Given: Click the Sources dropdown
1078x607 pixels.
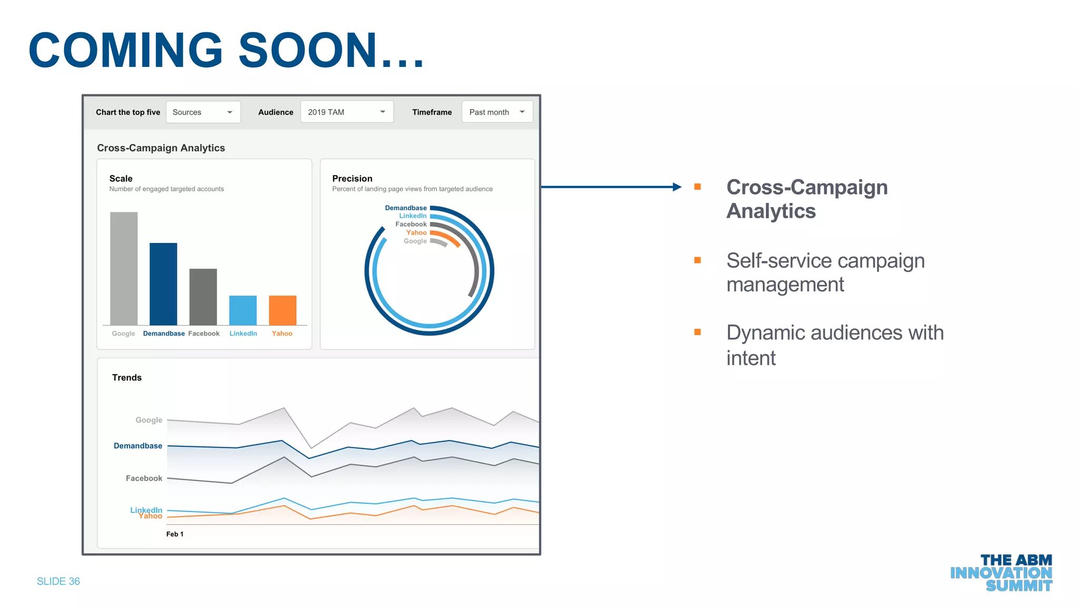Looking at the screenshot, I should point(203,112).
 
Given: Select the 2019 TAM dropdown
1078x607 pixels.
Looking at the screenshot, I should point(346,112).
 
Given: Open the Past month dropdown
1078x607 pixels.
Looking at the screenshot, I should point(497,112).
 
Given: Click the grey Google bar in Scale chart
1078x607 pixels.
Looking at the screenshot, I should point(124,268).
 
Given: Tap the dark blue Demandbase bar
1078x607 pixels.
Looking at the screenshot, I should point(163,284).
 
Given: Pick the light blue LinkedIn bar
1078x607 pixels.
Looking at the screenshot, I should point(243,310).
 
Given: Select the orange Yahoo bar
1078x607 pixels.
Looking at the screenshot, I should point(283,310).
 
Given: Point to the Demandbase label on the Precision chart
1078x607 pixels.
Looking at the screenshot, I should point(406,208).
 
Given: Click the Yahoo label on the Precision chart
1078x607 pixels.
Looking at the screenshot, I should point(416,232).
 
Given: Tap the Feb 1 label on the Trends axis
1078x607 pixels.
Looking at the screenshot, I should point(175,534).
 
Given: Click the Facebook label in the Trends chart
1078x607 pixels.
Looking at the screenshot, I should point(144,478).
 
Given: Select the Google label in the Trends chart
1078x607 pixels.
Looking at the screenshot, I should point(149,420).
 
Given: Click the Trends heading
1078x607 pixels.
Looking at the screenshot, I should point(127,378).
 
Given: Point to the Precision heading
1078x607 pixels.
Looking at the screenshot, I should point(352,179).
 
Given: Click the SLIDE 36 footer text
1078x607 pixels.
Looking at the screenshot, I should point(58,581).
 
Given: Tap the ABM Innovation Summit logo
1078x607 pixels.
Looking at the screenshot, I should point(1001,573).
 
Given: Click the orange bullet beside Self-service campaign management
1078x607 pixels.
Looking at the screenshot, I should point(697,260).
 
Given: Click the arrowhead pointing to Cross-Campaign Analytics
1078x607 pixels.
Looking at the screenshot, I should point(677,187).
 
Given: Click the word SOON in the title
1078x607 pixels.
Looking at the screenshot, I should point(308,50).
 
